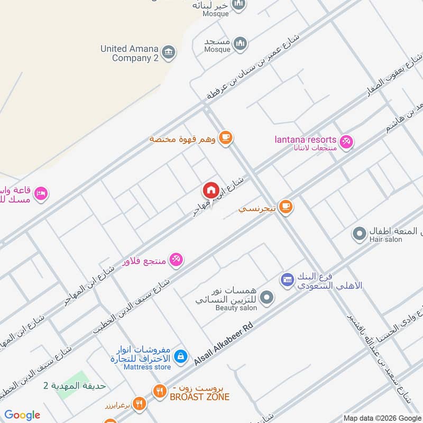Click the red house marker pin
(210, 190)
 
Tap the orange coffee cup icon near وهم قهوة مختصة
(226, 137)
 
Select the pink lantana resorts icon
(346, 142)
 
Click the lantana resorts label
(306, 140)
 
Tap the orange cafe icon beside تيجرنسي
(286, 207)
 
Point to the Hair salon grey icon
(360, 233)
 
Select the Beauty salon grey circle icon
(267, 298)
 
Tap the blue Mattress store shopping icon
(180, 356)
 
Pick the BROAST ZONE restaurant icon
(159, 392)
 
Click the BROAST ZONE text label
(199, 397)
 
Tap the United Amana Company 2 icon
(169, 51)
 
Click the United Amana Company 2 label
(130, 53)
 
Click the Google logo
(22, 415)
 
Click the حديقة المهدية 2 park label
(75, 385)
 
